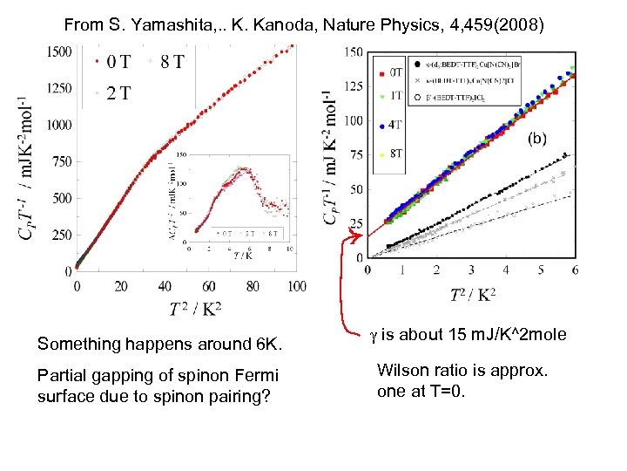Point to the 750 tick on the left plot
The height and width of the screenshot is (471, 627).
60,161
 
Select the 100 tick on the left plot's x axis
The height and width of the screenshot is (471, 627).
295,286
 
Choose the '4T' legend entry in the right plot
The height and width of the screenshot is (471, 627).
396,126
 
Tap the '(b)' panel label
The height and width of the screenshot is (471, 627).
539,138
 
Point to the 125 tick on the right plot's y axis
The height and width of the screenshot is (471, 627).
353,86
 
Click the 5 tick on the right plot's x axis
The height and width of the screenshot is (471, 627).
541,271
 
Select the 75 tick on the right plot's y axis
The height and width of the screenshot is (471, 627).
356,155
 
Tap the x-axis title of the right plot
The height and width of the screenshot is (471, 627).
472,296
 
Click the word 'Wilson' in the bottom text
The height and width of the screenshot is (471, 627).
398,370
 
